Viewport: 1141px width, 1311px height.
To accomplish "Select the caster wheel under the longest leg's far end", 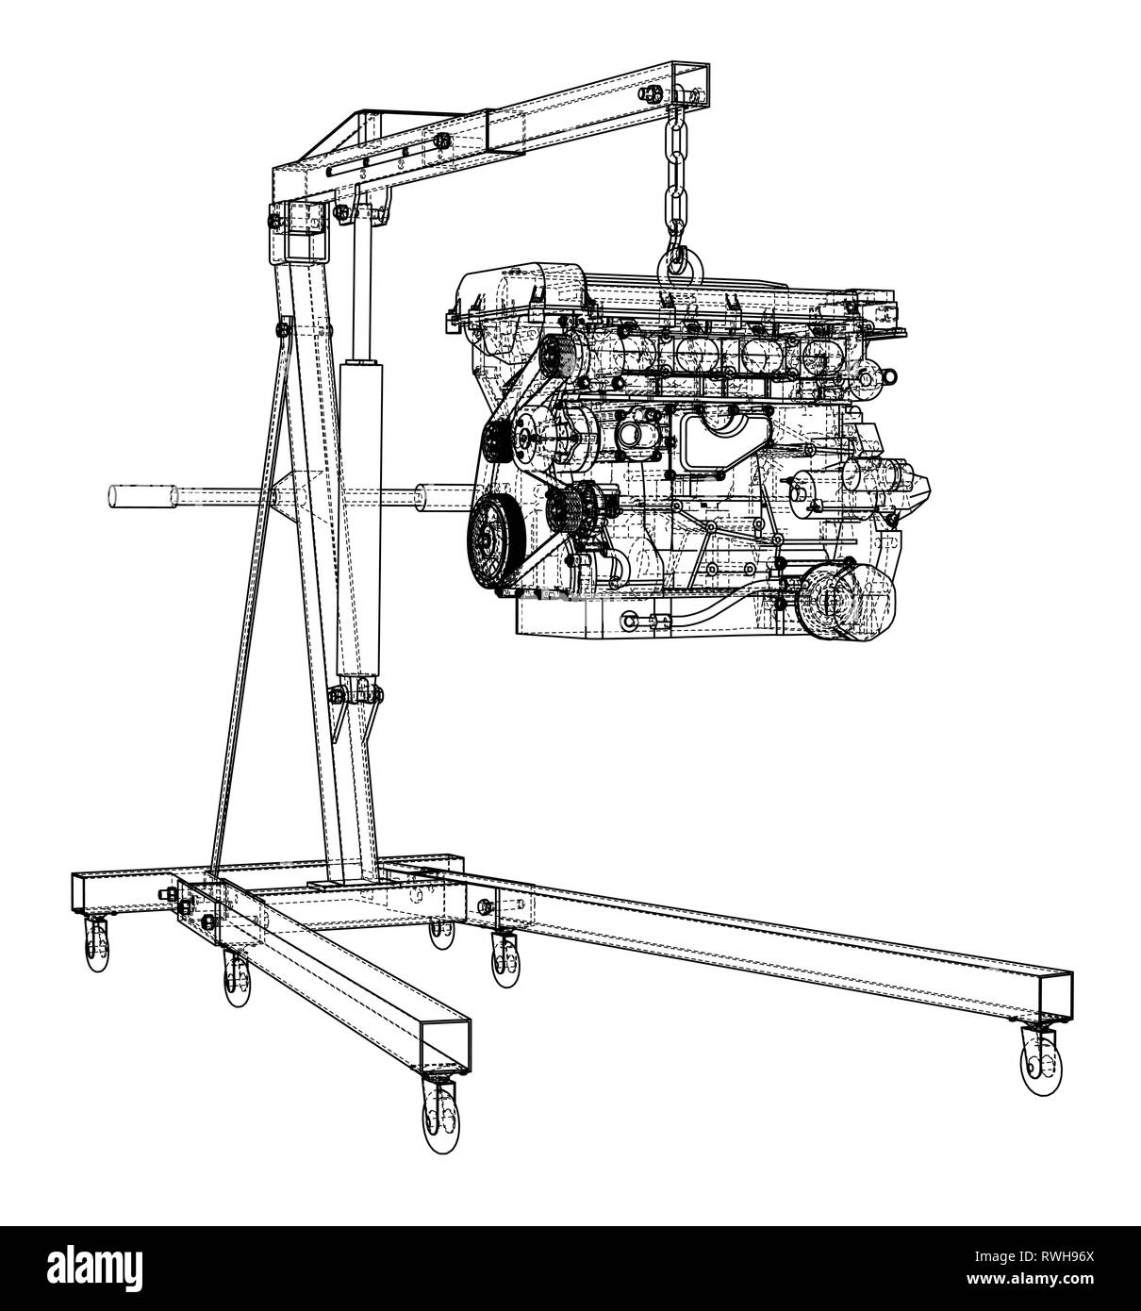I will (x=1036, y=1065).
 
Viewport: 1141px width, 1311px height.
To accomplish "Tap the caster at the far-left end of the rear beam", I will (x=95, y=946).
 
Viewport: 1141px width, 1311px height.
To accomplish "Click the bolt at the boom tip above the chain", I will (x=652, y=91).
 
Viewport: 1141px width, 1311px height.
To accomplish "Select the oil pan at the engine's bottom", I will (x=641, y=618).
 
